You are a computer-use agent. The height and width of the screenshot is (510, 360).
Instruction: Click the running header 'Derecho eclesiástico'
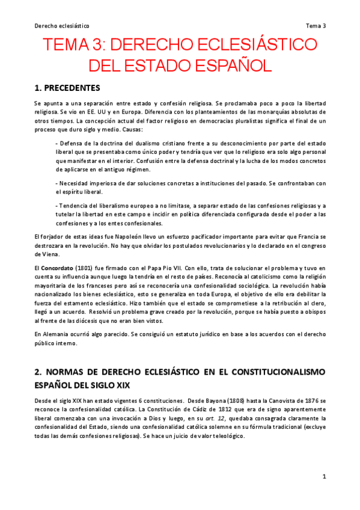pyautogui.click(x=62, y=26)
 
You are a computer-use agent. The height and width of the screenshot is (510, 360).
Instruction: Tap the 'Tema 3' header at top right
pyautogui.click(x=316, y=26)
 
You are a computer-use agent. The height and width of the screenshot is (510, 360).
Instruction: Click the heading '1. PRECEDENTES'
pyautogui.click(x=67, y=87)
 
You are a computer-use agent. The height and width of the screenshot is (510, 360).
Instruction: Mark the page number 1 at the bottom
pyautogui.click(x=324, y=477)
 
